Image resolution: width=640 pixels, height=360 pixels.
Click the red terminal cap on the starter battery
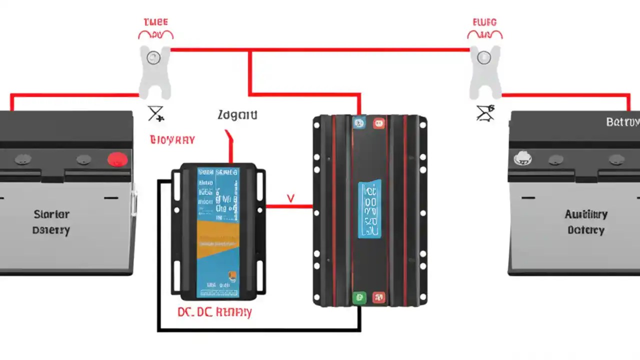tap(118, 159)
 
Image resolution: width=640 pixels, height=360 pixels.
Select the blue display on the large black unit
tap(369, 209)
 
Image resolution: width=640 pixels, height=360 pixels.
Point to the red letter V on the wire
tap(290, 198)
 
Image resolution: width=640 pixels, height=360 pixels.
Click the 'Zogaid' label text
tap(237, 115)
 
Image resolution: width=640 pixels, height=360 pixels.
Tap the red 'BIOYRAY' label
tap(172, 139)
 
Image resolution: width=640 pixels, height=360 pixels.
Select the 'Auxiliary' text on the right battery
tap(586, 214)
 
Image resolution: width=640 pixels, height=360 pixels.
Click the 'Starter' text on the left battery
tap(51, 214)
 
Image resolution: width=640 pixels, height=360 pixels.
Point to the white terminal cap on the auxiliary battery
tap(522, 158)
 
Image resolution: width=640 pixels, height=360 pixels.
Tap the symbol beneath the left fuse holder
tap(155, 113)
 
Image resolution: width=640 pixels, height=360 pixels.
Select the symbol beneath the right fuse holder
tap(485, 113)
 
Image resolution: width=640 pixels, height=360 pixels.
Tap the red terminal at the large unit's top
tap(378, 122)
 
